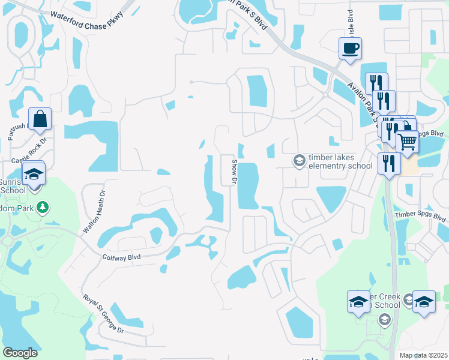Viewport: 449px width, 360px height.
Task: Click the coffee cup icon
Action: tap(350, 48)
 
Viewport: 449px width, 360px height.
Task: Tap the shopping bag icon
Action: tap(40, 119)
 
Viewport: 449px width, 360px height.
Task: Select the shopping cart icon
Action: tap(408, 142)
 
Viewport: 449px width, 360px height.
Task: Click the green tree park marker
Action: tap(42, 208)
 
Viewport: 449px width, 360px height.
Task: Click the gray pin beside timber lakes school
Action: tap(298, 161)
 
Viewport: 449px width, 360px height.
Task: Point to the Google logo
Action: tap(20, 353)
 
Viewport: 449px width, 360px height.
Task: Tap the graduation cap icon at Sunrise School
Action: tap(34, 174)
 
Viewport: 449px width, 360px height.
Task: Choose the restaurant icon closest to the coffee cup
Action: tap(376, 83)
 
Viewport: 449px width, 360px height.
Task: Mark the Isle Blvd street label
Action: tap(346, 26)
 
